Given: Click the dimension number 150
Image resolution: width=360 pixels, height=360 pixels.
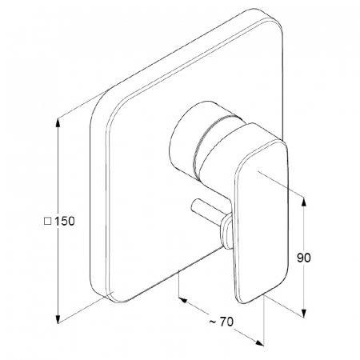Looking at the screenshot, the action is click(x=65, y=221).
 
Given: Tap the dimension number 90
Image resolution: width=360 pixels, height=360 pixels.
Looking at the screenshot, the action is click(x=304, y=258).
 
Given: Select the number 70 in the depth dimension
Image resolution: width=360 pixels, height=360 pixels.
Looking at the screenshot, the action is click(x=226, y=322).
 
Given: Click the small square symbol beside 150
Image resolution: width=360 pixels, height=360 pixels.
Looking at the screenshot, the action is click(x=47, y=222).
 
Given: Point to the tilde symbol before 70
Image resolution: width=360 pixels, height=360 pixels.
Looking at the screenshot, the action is click(x=213, y=322).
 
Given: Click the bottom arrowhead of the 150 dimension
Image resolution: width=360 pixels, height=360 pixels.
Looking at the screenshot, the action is click(x=58, y=318).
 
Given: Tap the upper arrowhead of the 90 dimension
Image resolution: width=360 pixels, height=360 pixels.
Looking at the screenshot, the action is click(x=303, y=202).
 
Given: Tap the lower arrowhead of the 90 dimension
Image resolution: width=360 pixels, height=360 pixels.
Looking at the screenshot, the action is click(x=303, y=313).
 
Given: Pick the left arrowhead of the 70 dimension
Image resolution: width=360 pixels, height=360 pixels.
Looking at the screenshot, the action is click(x=183, y=301).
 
